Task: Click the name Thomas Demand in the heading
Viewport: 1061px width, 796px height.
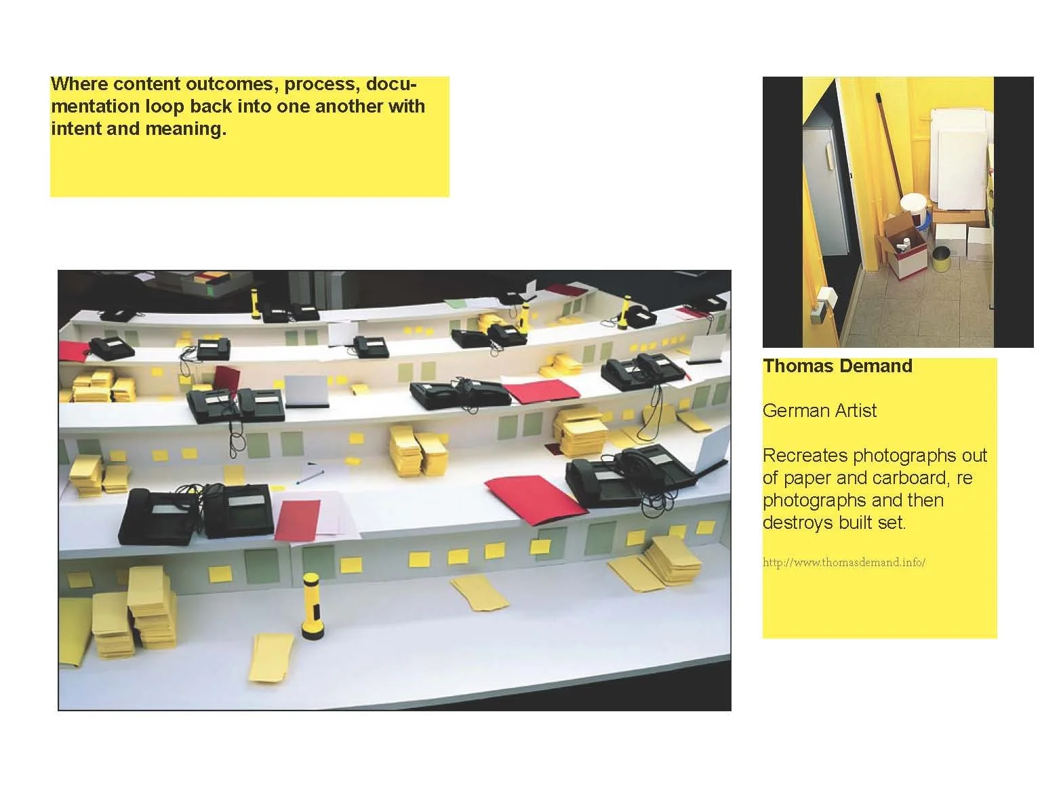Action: click(x=837, y=366)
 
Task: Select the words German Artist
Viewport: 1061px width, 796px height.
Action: click(x=819, y=411)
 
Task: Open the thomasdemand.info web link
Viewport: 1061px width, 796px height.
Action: click(x=843, y=563)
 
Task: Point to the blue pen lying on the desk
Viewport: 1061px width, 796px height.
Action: click(x=309, y=473)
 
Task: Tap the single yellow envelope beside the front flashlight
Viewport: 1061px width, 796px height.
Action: click(x=271, y=656)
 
